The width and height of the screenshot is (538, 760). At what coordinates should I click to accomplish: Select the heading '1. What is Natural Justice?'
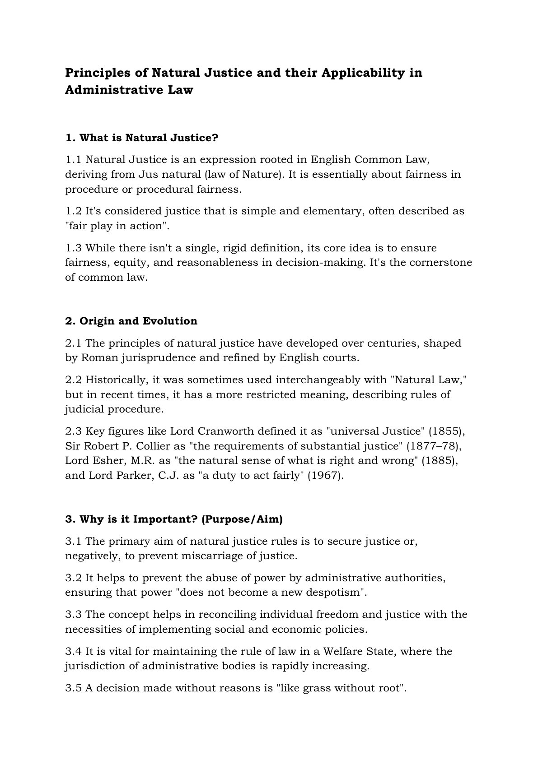(x=141, y=138)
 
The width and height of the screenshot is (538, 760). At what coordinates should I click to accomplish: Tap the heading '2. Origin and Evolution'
(x=131, y=321)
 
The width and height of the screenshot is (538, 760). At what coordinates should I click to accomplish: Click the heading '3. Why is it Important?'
(x=174, y=519)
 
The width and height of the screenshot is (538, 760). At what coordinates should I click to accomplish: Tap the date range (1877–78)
(x=434, y=446)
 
